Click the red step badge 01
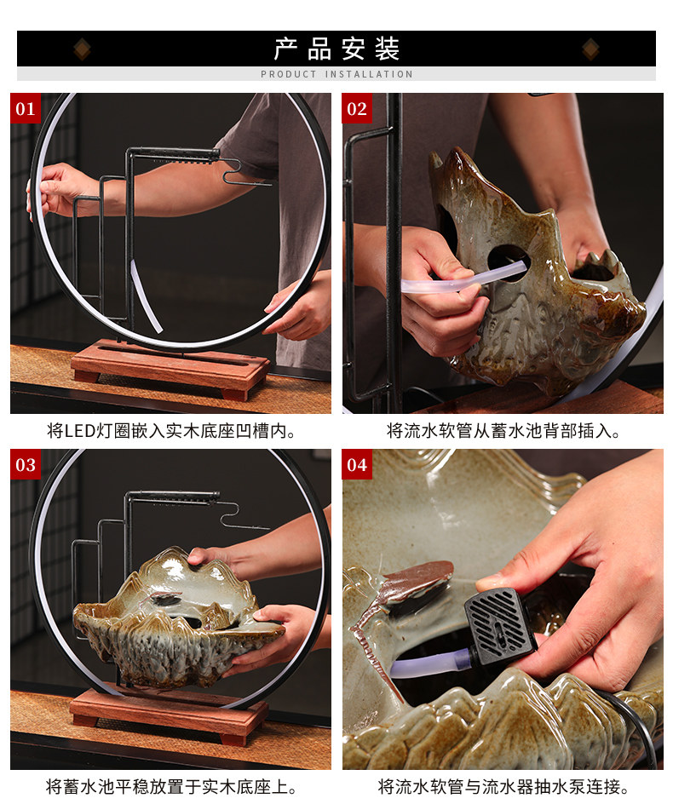coord(26,108)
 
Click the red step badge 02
coord(357,108)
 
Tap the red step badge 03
coord(26,464)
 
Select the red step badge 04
coord(357,464)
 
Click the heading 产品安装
coord(336,49)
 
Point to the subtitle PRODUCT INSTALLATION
coord(336,74)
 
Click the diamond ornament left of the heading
coord(82,49)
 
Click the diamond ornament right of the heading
coord(591,49)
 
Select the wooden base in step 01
coord(170,366)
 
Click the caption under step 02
coord(503,431)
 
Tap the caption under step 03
coord(171,787)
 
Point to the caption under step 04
coord(503,787)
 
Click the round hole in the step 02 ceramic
coord(508,262)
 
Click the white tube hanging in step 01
coord(147,296)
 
